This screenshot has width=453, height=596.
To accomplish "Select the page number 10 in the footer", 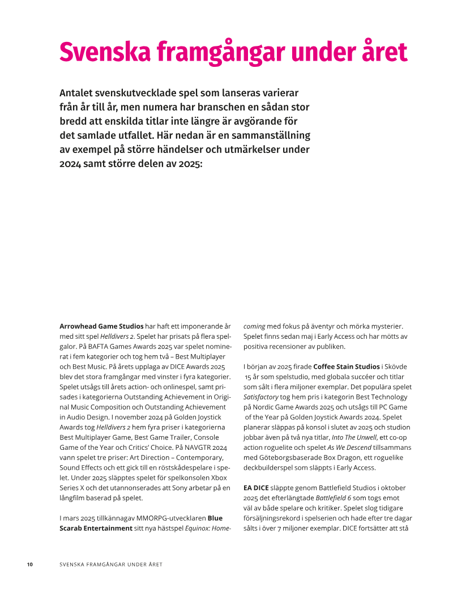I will (30, 564).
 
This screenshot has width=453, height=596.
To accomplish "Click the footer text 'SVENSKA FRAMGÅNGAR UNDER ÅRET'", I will (111, 564).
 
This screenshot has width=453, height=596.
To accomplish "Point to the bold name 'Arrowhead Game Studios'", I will (101, 326).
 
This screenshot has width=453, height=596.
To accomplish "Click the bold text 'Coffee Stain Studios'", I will (347, 367).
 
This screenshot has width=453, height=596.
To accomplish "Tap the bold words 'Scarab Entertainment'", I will (96, 528).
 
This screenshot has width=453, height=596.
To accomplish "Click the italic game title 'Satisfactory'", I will (261, 397).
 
